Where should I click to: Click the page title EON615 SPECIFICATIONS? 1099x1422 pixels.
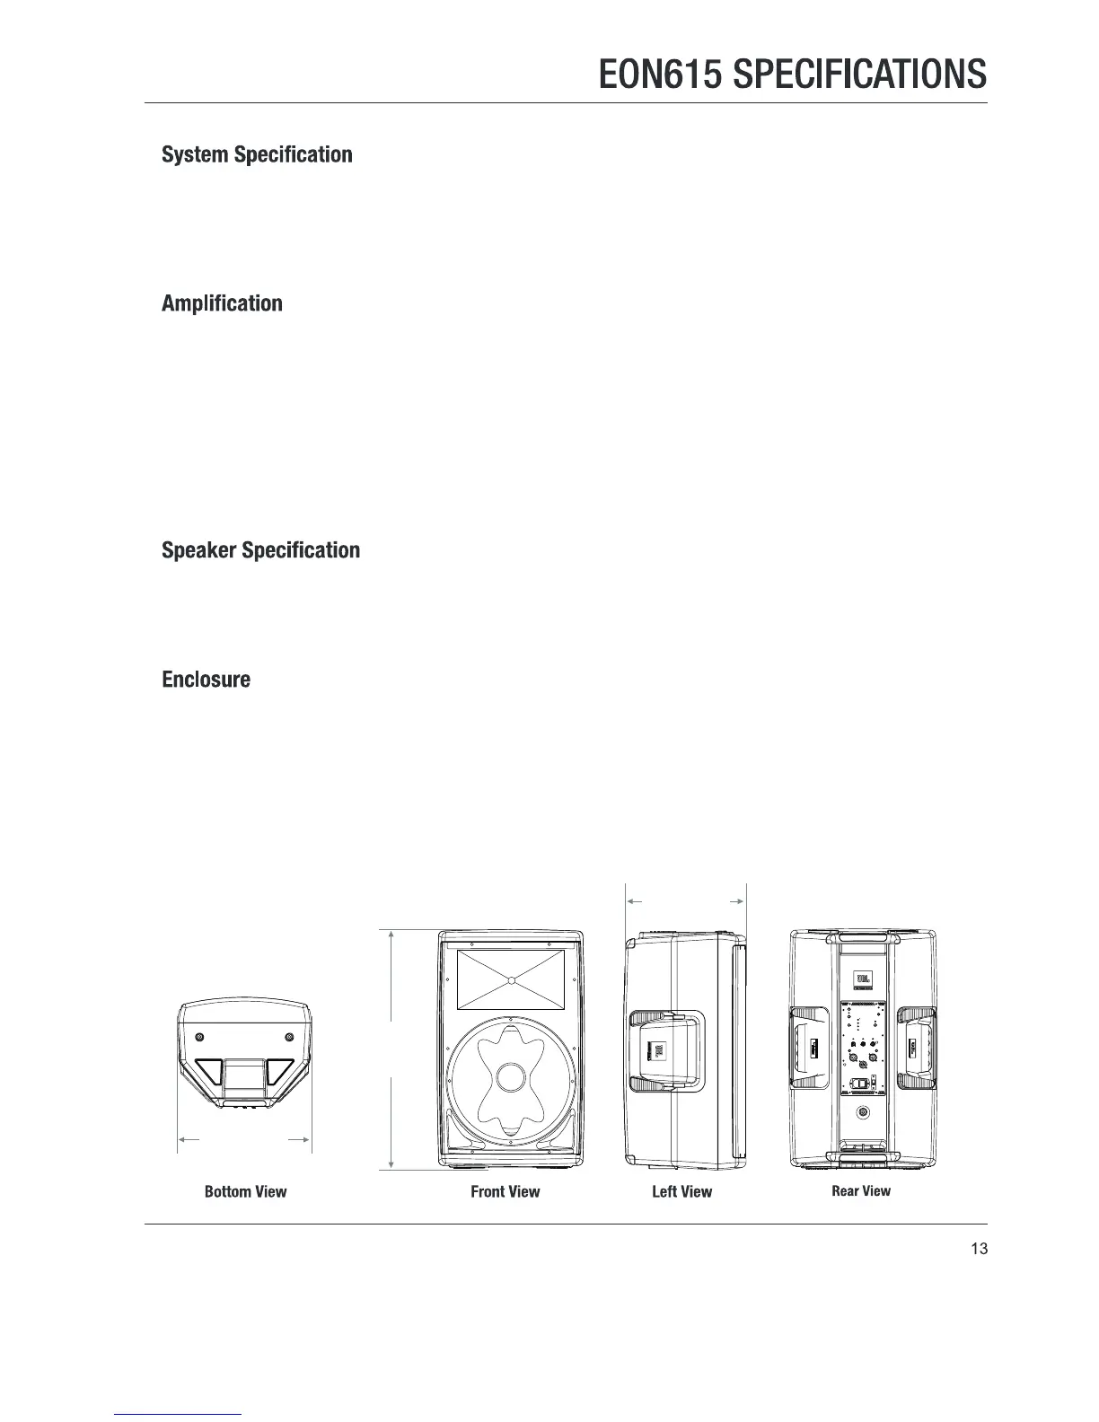792,74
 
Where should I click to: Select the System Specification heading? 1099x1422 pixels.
257,154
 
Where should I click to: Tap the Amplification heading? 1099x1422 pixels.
222,303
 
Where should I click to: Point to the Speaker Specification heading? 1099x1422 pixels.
260,550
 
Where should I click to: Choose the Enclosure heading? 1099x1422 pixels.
206,680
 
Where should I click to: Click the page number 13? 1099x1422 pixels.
979,1249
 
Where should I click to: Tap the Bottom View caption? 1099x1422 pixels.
245,1192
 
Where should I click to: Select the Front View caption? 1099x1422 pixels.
506,1192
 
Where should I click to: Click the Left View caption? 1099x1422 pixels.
681,1192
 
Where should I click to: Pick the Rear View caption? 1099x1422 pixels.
861,1191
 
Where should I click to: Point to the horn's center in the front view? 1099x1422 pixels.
510,979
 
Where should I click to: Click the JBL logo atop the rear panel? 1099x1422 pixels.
863,979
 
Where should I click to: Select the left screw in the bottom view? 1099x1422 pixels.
199,1038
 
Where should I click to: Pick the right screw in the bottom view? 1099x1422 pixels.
289,1038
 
